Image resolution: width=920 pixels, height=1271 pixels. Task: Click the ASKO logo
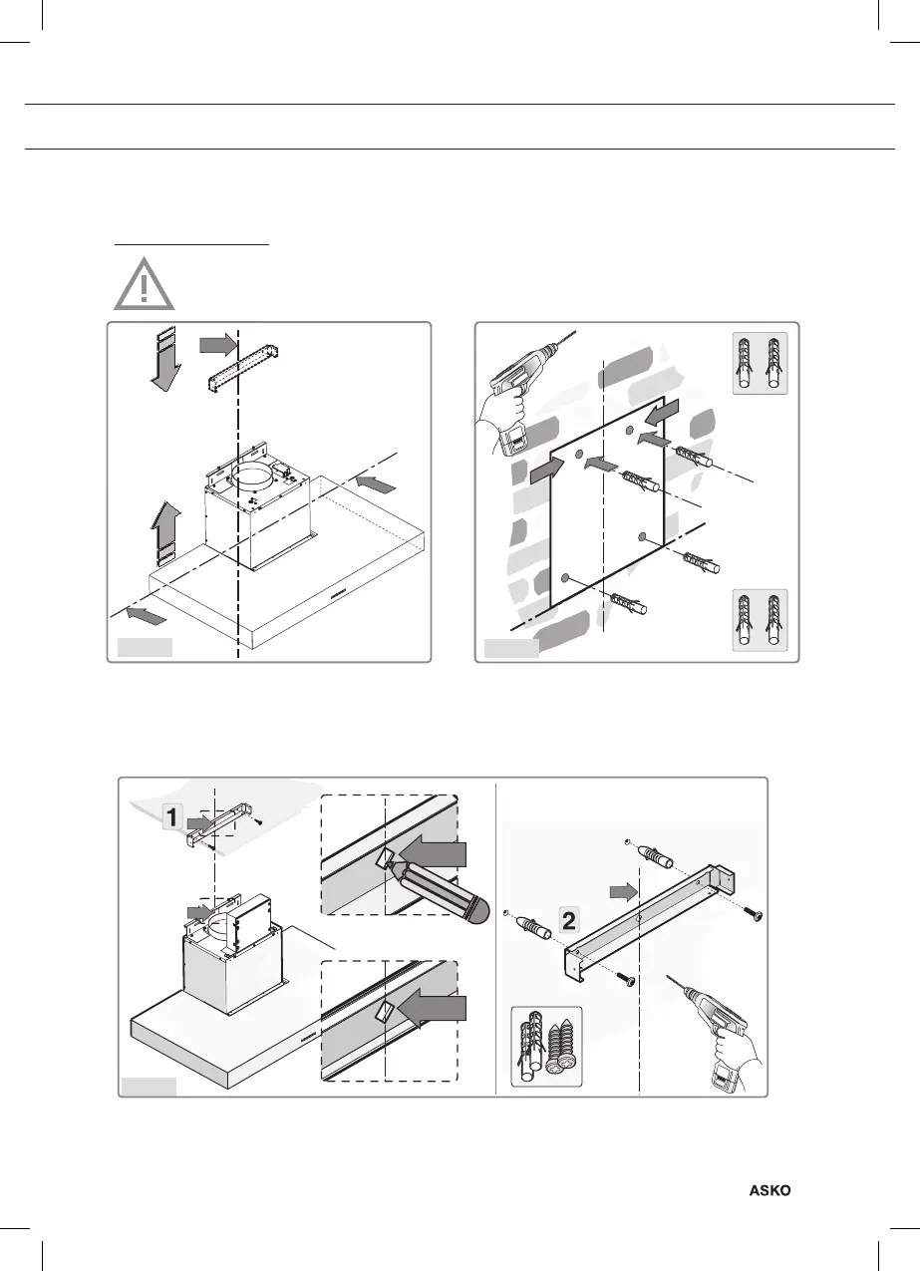[770, 1190]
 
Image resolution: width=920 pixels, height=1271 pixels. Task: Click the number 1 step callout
[171, 818]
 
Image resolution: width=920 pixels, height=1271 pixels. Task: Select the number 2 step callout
[568, 921]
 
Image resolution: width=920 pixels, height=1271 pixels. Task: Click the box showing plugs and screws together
[547, 1046]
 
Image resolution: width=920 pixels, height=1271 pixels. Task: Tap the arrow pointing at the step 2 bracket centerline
[621, 889]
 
